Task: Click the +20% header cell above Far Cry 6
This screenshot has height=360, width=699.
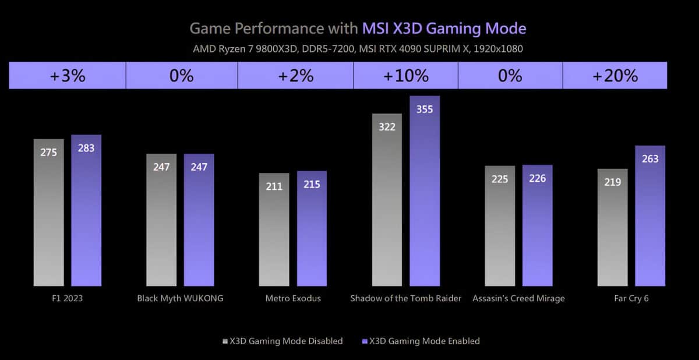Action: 615,76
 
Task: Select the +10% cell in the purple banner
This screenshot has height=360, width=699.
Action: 405,76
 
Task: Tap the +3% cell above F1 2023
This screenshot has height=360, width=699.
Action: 67,76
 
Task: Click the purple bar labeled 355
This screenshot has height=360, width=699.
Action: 425,192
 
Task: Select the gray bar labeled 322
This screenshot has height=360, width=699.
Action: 387,201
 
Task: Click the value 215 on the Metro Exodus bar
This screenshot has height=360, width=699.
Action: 312,185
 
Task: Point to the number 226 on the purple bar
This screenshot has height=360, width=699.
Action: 537,178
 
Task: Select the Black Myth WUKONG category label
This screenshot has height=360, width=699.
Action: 180,298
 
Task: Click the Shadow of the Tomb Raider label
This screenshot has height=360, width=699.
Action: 405,298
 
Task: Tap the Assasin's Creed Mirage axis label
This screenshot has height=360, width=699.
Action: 518,298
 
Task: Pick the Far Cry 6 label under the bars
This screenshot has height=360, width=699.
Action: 631,298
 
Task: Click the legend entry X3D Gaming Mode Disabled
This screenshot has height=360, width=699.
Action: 283,341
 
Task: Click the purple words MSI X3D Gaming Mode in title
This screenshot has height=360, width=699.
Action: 444,28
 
